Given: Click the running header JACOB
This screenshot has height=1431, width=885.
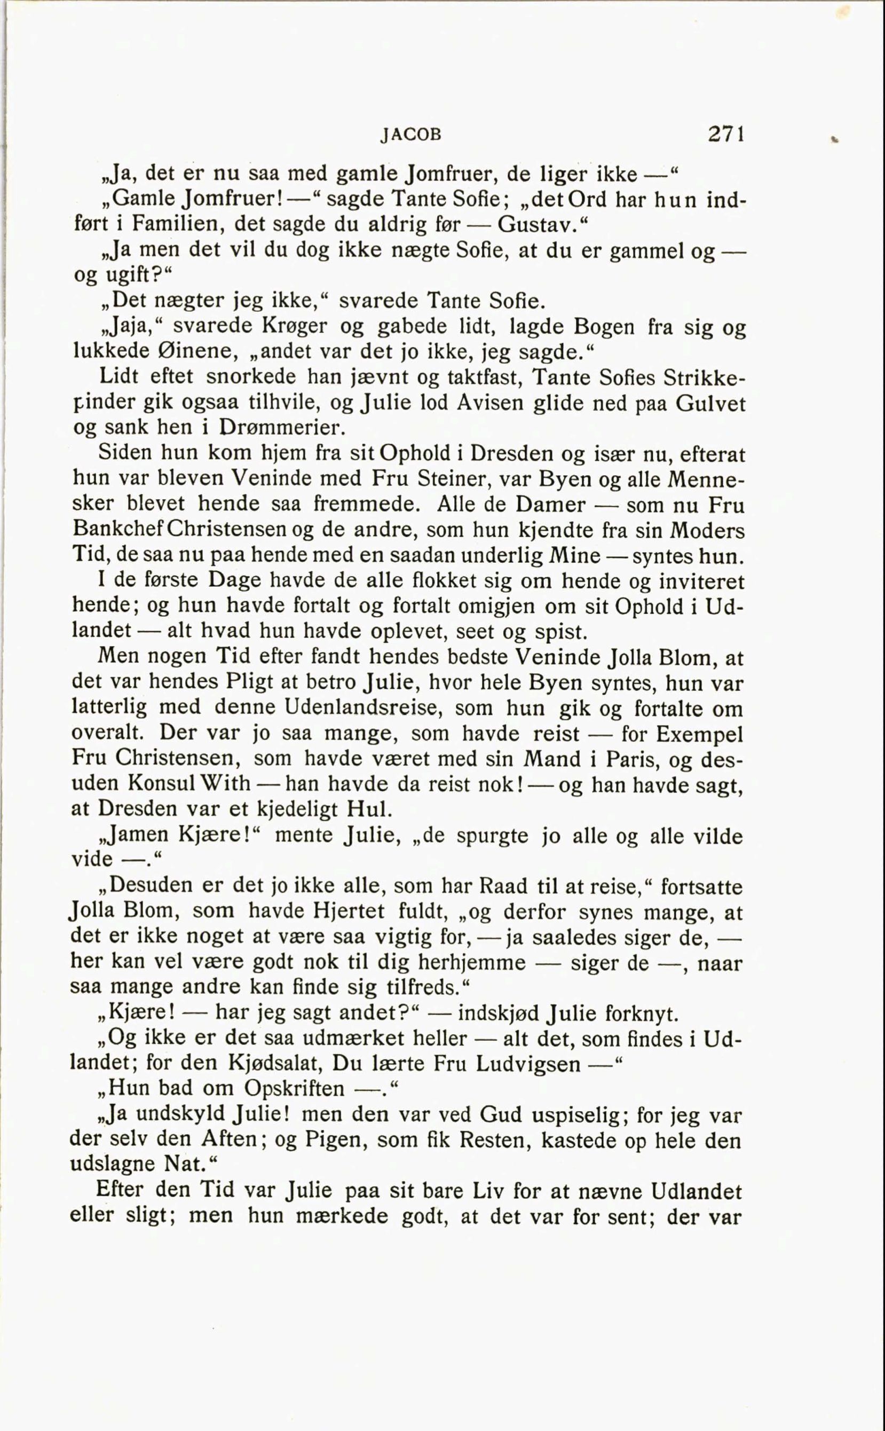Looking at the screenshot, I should (x=411, y=135).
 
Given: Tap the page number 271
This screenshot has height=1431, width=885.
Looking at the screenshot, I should (x=726, y=134).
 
